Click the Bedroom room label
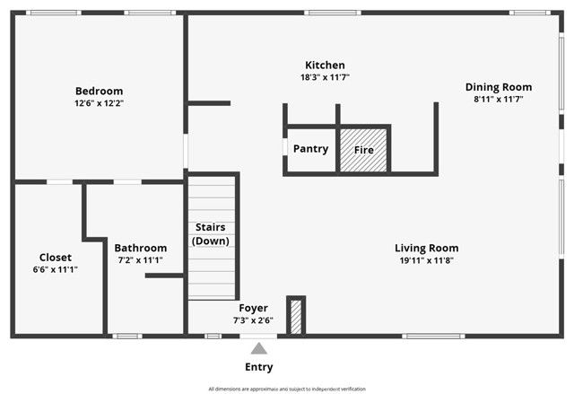(99, 91)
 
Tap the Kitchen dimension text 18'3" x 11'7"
(324, 78)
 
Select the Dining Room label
(498, 87)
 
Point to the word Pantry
(310, 149)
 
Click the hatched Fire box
(363, 150)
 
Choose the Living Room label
(426, 248)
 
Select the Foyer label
(253, 308)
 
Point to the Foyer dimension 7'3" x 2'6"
(253, 320)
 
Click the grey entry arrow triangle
(259, 348)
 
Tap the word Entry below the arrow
(259, 367)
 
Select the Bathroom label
(140, 248)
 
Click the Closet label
(55, 257)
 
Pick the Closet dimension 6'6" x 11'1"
(55, 269)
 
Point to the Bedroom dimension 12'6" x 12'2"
(99, 103)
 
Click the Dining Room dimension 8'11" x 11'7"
(498, 100)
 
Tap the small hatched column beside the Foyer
(296, 316)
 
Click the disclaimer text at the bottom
(287, 389)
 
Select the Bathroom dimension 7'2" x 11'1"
(140, 260)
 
